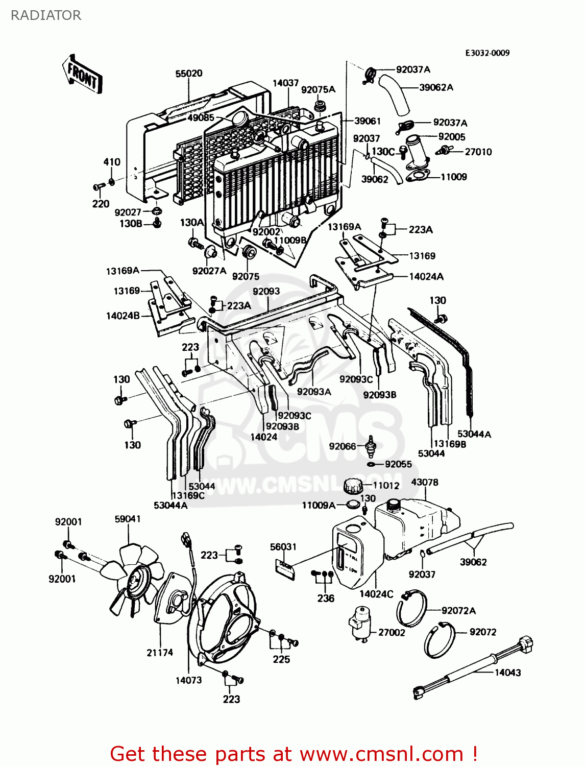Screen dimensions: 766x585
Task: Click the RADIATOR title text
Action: pos(46,15)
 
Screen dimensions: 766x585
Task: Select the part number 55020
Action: pos(189,74)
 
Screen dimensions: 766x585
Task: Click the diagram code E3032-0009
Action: pos(487,53)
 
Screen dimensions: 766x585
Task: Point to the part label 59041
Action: pos(128,519)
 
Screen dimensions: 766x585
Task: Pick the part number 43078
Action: pos(424,482)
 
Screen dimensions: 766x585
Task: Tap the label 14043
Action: pos(507,673)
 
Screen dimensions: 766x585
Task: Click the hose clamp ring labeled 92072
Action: pos(439,641)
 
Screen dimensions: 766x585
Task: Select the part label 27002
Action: pos(392,632)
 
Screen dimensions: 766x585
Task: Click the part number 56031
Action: pos(283,546)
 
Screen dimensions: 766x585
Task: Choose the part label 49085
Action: pos(201,117)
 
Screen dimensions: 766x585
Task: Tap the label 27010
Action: pos(478,152)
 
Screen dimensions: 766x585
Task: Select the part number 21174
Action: pos(160,652)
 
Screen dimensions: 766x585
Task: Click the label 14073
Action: pos(188,680)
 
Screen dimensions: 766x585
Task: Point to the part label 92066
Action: pos(343,446)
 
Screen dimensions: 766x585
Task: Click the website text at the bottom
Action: pos(294,754)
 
